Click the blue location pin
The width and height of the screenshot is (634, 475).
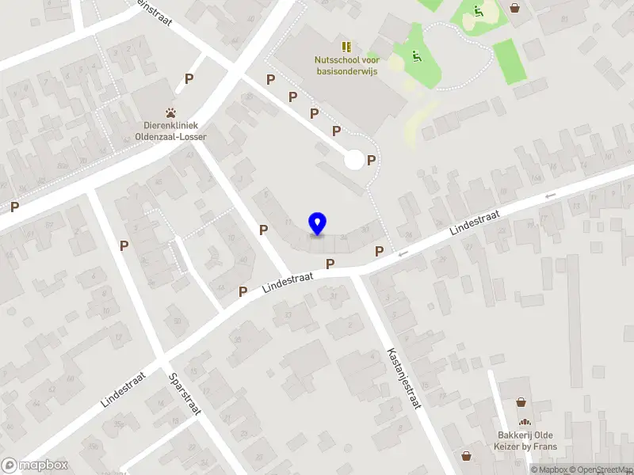tap(317, 224)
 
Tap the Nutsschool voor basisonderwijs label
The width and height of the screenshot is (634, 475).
tap(346, 66)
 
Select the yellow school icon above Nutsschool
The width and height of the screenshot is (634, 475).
tap(346, 47)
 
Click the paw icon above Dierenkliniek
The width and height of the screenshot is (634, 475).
tap(170, 113)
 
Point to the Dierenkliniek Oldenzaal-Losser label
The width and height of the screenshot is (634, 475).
tap(170, 131)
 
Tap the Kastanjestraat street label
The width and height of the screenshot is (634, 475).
tap(403, 378)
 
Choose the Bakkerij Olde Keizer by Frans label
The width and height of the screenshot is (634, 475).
tap(525, 441)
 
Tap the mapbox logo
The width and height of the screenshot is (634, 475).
tap(35, 465)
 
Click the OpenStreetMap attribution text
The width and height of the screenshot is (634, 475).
tap(600, 469)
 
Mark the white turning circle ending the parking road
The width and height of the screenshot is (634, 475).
tap(354, 160)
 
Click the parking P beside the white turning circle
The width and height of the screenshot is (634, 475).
tap(371, 160)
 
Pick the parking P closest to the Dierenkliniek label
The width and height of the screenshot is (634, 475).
tap(189, 78)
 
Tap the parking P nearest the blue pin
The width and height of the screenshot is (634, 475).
tap(330, 264)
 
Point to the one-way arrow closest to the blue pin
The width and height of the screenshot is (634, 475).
tap(403, 254)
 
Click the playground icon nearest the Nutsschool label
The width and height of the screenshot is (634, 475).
tap(416, 56)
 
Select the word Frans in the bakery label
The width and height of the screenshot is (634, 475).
tap(544, 446)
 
